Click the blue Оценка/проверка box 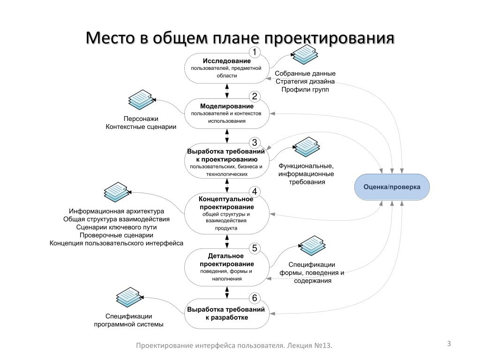(392, 187)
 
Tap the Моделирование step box (226, 113)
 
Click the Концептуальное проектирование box (226, 214)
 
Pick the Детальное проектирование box (226, 267)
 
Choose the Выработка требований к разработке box (226, 314)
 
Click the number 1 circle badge (254, 52)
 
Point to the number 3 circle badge (254, 142)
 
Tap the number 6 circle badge (254, 298)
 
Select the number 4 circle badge (254, 192)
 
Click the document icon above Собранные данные (304, 54)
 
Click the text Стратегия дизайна (305, 82)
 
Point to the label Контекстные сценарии (141, 127)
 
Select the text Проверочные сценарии (116, 235)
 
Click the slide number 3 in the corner (449, 344)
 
